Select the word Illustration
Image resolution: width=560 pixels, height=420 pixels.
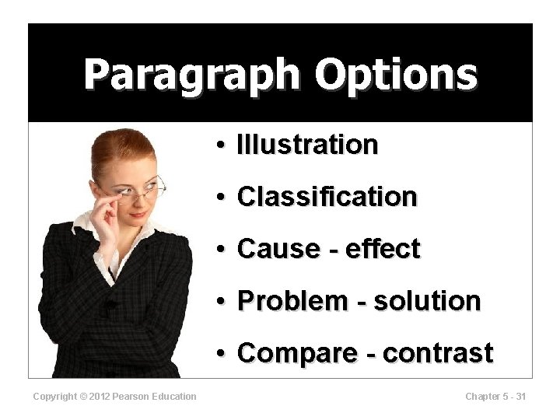point(307,145)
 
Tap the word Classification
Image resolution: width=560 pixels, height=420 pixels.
point(327,197)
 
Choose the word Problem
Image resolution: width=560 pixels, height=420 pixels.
point(282,300)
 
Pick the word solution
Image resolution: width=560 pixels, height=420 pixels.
point(427,300)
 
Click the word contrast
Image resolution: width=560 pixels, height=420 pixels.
point(438,352)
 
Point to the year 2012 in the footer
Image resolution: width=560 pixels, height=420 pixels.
point(99,397)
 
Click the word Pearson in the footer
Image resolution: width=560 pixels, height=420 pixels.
point(129,397)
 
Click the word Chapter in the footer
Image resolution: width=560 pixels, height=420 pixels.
point(482,397)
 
